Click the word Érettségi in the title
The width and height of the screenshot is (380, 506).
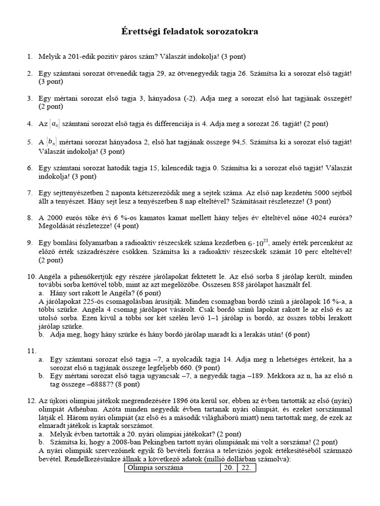tap(142, 32)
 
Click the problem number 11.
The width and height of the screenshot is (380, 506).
tap(32, 351)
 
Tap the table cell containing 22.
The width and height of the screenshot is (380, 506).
tap(245, 468)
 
